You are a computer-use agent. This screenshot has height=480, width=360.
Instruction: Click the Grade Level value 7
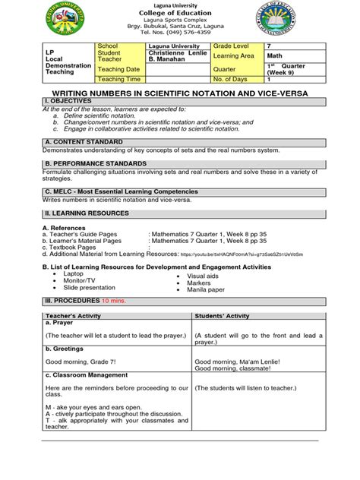tap(267, 46)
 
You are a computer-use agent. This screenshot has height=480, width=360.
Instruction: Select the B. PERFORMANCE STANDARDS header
tap(95, 163)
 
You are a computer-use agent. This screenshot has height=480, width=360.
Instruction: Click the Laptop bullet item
tap(74, 274)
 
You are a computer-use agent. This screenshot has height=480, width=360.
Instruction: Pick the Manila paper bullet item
tap(205, 289)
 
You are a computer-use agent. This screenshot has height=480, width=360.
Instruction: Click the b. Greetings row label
tap(65, 349)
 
